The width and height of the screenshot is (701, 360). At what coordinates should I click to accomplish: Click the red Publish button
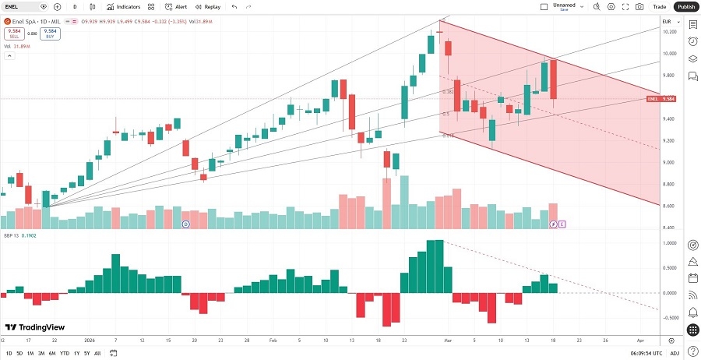tap(685, 6)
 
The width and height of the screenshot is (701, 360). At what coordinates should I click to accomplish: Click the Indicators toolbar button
tap(123, 6)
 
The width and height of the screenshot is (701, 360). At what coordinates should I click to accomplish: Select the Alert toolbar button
tap(175, 6)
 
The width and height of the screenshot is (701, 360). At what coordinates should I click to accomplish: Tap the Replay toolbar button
tap(208, 6)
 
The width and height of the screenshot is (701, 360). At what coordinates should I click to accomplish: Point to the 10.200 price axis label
tap(670, 32)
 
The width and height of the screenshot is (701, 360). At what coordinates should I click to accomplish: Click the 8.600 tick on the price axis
tap(670, 206)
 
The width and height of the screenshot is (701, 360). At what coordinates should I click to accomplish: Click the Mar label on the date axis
tap(448, 341)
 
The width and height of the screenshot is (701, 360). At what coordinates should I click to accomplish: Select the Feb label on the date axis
tap(273, 341)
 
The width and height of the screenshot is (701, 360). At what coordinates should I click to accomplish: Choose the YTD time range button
tap(65, 353)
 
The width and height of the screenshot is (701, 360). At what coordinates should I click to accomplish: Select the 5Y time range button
tap(86, 353)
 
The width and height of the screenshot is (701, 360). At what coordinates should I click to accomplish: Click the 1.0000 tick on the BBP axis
tap(670, 244)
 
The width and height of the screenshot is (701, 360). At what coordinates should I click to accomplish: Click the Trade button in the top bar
tap(659, 6)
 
